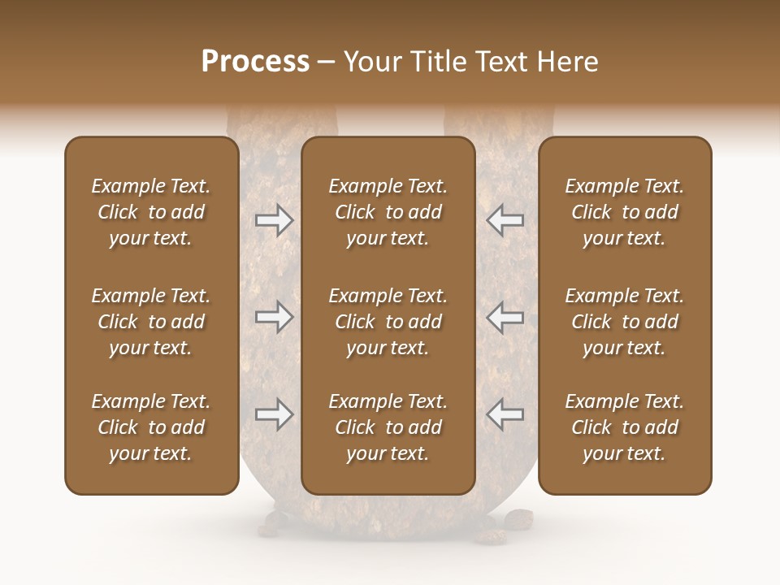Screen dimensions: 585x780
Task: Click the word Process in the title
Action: point(255,62)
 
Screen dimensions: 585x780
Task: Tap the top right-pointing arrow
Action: point(274,220)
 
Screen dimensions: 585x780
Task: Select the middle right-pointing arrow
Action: point(274,317)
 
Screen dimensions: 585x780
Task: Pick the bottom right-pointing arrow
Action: point(274,414)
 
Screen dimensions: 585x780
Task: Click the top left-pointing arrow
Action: point(505,220)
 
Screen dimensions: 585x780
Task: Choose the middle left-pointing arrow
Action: point(505,317)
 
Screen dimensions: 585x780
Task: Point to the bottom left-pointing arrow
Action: point(505,414)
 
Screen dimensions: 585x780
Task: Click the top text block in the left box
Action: point(151,212)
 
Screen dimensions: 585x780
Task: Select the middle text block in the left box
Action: point(151,322)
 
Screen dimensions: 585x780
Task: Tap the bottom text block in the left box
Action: point(151,427)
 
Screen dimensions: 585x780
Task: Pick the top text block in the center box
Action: point(388,212)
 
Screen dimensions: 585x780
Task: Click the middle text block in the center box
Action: point(388,322)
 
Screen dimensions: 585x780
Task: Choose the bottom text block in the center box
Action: point(388,427)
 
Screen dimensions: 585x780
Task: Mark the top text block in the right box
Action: point(624,212)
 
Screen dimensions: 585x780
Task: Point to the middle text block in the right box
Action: point(624,322)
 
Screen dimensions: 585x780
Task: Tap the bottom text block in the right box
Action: point(624,427)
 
